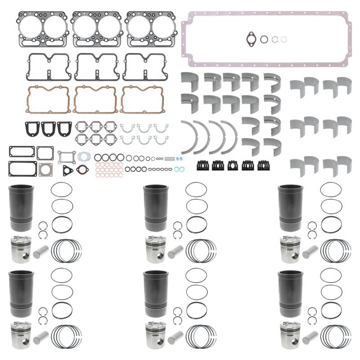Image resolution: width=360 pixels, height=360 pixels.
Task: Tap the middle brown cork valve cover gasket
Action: [95, 99]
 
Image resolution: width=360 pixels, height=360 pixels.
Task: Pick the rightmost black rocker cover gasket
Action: [143, 67]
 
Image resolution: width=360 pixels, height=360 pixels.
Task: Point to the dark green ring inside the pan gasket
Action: [274, 40]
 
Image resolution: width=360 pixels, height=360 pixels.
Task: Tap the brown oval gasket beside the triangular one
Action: [82, 170]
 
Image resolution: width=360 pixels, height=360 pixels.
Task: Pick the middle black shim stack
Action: [233, 165]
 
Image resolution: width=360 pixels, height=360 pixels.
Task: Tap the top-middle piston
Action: [155, 249]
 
